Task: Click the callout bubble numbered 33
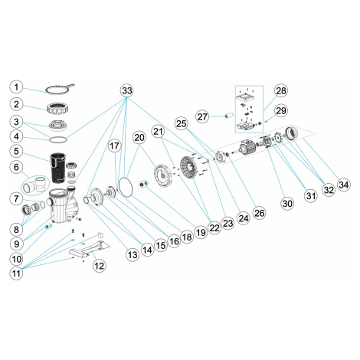pyautogui.click(x=127, y=90)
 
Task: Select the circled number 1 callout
pyautogui.click(x=16, y=87)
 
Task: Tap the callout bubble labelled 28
pyautogui.click(x=281, y=90)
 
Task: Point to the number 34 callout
pyautogui.click(x=344, y=185)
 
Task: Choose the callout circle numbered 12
pyautogui.click(x=100, y=266)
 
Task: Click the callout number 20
pyautogui.click(x=139, y=137)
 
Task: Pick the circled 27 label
pyautogui.click(x=202, y=116)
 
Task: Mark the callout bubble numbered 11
pyautogui.click(x=16, y=273)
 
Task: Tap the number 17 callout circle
pyautogui.click(x=114, y=146)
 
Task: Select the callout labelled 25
pyautogui.click(x=182, y=123)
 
